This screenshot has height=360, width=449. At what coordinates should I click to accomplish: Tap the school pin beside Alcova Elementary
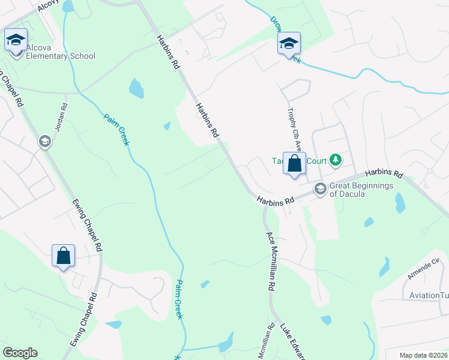pos(15,41)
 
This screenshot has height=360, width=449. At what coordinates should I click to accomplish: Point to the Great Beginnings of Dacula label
pos(361,190)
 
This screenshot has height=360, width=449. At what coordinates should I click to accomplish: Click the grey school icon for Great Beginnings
pos(321,190)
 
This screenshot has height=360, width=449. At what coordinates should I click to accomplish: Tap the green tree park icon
pos(336,160)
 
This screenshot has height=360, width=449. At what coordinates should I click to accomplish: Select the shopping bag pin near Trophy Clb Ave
pos(294,164)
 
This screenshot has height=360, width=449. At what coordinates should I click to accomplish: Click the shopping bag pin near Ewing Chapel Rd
pos(63,256)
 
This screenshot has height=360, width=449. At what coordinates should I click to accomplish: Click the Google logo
pos(20,353)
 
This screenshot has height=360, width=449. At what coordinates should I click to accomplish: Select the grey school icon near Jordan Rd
pos(44,142)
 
